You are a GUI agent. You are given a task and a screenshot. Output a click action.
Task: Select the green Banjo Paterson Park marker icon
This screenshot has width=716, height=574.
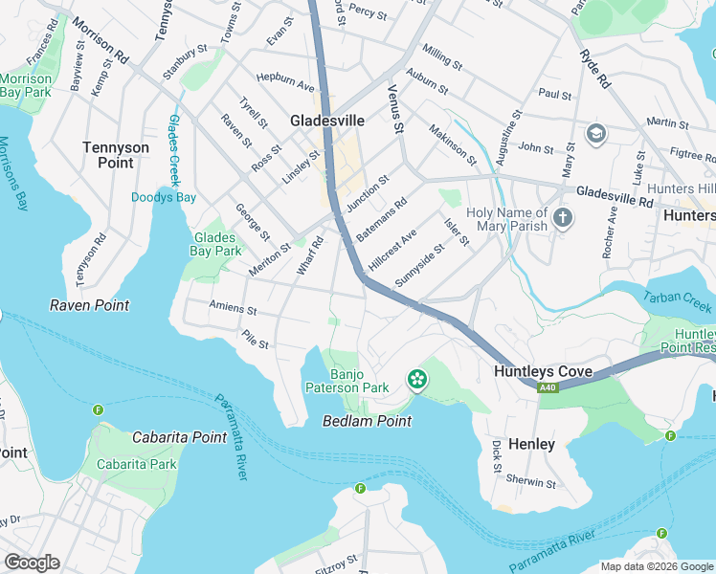[x=417, y=381]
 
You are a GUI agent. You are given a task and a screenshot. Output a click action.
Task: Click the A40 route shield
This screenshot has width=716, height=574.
[x=547, y=387]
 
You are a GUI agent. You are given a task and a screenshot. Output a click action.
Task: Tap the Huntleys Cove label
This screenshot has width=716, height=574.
[x=543, y=371]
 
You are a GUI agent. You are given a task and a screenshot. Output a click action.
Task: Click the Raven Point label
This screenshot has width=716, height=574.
[x=89, y=305]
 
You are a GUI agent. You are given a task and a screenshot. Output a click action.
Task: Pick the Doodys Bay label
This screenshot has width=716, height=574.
[x=163, y=198]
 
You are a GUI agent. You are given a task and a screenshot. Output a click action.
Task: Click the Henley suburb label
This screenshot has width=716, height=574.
[x=531, y=445]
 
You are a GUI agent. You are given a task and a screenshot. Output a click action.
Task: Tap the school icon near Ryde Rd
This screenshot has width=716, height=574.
[x=596, y=133]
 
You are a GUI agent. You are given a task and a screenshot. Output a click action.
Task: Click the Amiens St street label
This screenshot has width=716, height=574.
[x=234, y=310]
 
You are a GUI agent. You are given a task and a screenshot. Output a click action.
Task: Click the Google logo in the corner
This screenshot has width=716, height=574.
[x=32, y=563]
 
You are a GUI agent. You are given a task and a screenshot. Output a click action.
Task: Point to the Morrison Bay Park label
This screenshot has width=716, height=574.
[x=26, y=85]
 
